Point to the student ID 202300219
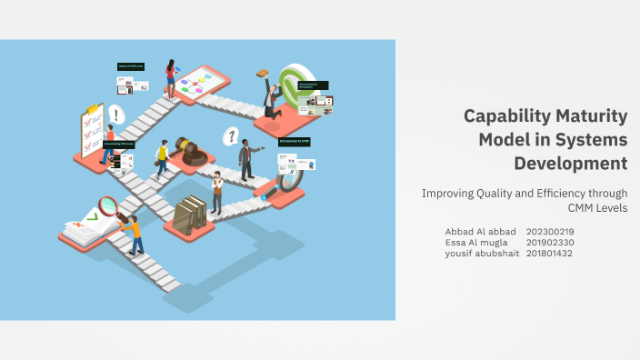(550, 231)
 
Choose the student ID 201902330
(550, 242)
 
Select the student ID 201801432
(550, 253)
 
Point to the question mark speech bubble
(232, 136)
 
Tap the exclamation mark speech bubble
(115, 115)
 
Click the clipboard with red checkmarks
(92, 130)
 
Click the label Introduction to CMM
(295, 142)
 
